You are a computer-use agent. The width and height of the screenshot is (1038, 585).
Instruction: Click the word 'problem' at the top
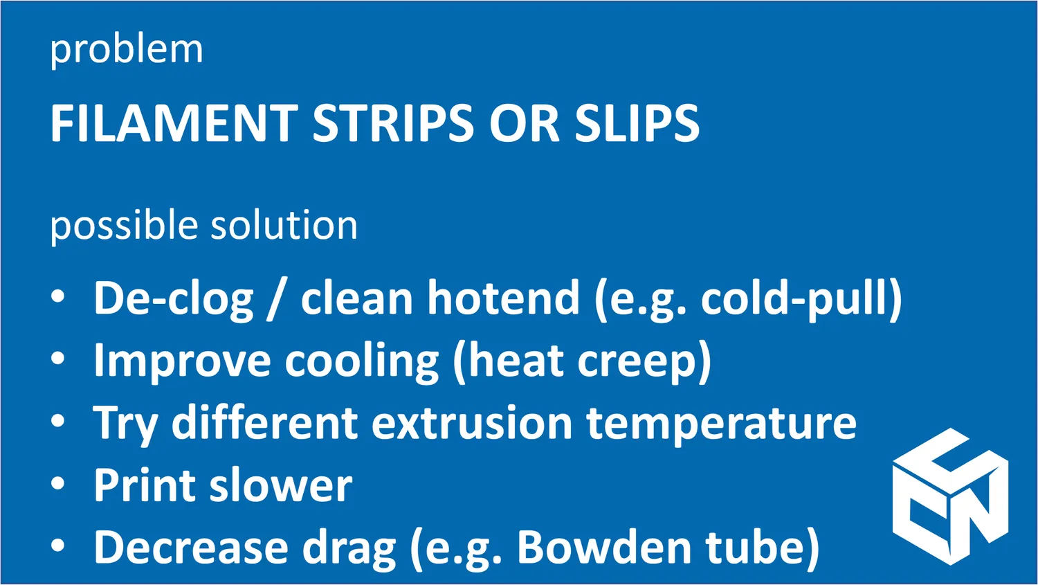127,51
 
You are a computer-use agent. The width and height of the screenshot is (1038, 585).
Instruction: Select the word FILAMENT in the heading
174,123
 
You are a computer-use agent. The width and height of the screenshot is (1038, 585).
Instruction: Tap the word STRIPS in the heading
394,123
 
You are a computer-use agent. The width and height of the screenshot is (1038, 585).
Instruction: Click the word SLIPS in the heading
637,123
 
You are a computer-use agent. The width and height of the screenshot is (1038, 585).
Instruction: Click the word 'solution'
284,224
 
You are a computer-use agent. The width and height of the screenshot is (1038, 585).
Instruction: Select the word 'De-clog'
174,299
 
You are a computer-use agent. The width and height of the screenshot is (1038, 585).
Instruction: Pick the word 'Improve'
182,361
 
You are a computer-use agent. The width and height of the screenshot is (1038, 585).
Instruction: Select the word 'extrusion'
472,423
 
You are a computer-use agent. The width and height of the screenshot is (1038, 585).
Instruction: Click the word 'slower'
281,485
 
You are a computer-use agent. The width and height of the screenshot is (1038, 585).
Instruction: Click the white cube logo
950,496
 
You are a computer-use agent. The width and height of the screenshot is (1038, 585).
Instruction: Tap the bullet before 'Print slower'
58,483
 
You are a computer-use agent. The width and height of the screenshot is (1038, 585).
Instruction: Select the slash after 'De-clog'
274,300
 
